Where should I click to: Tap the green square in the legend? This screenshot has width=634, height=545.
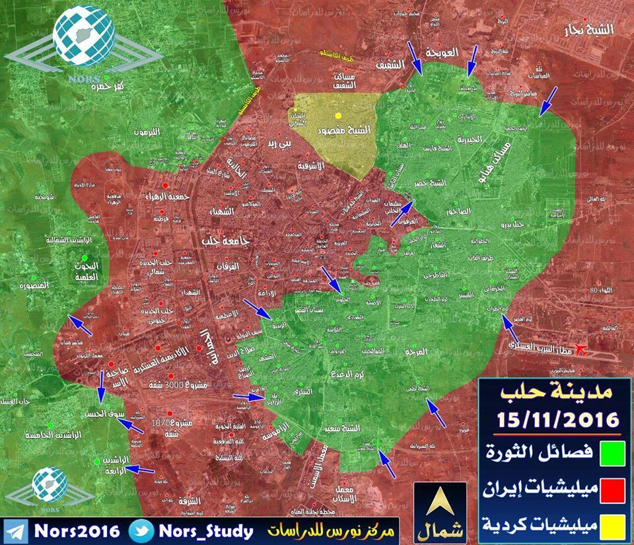[610, 455]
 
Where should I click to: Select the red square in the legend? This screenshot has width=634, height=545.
[610, 491]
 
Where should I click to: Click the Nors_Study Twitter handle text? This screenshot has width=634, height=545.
[205, 531]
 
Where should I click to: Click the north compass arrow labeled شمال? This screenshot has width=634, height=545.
[439, 505]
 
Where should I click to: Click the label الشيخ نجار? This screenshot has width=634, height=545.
[590, 30]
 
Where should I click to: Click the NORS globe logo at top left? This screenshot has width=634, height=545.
[82, 32]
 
